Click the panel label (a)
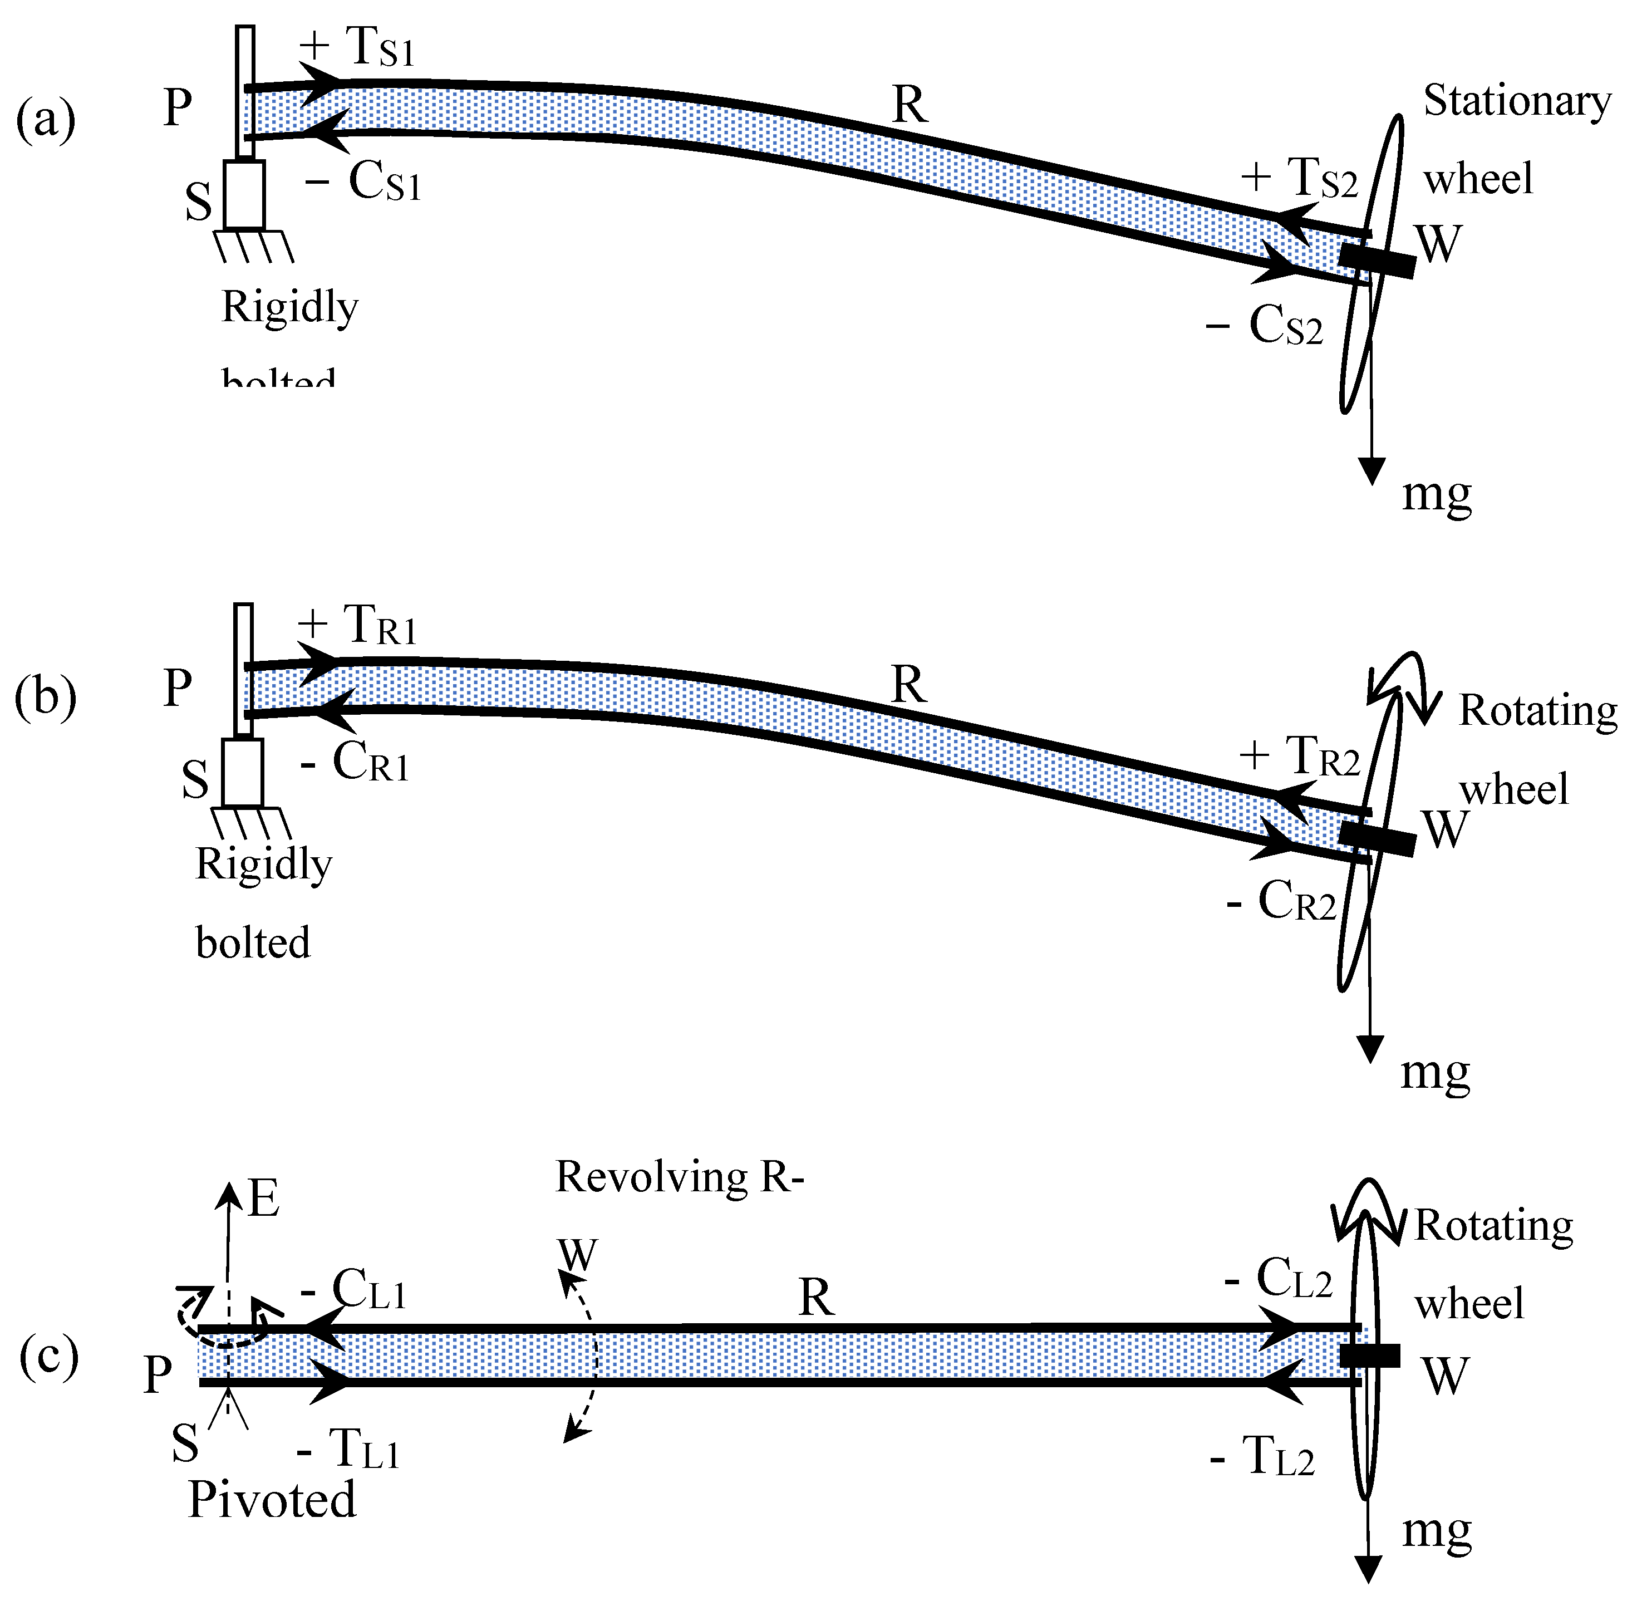pyautogui.click(x=46, y=119)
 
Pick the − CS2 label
pyautogui.click(x=1265, y=326)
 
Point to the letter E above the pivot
pyautogui.click(x=263, y=1198)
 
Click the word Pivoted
pyautogui.click(x=272, y=1499)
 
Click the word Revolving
pyautogui.click(x=652, y=1177)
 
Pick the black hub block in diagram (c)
pyautogui.click(x=1370, y=1356)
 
